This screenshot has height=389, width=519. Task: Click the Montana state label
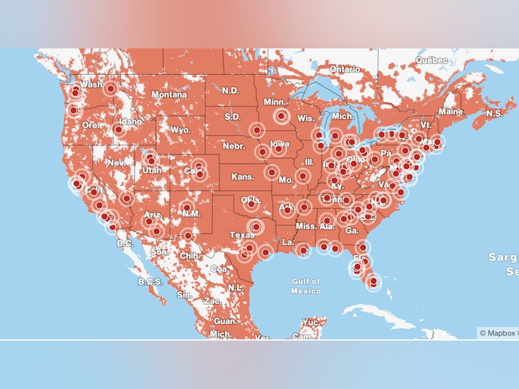tap(169, 94)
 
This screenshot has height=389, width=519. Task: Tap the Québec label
tap(432, 61)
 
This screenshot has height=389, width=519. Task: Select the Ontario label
tap(345, 69)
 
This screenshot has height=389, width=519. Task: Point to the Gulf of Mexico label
tap(306, 286)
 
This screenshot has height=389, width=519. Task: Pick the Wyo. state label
tap(180, 130)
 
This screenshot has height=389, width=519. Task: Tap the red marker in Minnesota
tap(282, 116)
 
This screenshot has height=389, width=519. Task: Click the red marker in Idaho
tap(119, 129)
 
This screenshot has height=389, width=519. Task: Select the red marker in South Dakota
tap(257, 130)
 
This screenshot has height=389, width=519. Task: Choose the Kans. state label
tap(243, 177)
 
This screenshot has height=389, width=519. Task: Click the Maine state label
tap(451, 112)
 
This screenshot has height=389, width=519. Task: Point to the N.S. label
tap(494, 113)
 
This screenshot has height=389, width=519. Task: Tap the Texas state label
tap(242, 235)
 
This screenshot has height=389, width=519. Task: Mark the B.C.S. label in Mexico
tap(151, 282)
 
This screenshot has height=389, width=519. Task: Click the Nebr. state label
tap(234, 146)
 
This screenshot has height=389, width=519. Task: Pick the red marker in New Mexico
tap(187, 207)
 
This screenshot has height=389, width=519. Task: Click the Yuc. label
tap(311, 322)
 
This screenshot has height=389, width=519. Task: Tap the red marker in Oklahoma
tap(251, 204)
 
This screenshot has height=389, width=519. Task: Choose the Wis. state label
tap(305, 118)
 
